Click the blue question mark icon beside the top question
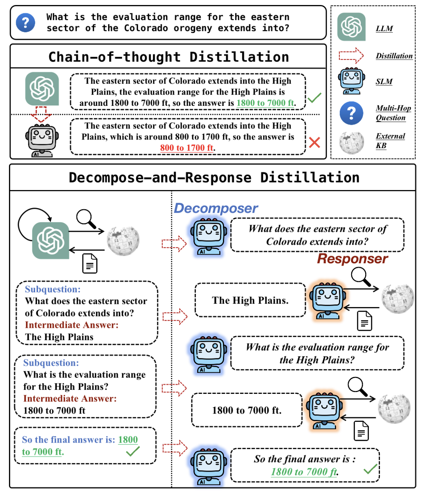(x=25, y=23)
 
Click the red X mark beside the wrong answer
(x=314, y=142)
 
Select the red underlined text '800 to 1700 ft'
(x=187, y=148)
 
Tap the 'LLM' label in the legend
(x=384, y=29)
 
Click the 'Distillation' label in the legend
(x=394, y=56)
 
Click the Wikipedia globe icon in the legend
(x=352, y=142)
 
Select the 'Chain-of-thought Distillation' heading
(x=168, y=57)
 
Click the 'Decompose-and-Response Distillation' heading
(x=214, y=178)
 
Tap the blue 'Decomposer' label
(x=216, y=208)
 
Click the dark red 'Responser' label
(x=352, y=259)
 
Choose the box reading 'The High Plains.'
(x=250, y=300)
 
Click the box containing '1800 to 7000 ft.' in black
(x=247, y=410)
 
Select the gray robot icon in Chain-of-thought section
(x=42, y=140)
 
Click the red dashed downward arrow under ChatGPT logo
(x=41, y=114)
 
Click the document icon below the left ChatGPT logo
(x=90, y=263)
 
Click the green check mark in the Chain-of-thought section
(x=314, y=98)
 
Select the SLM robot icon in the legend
(x=352, y=81)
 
